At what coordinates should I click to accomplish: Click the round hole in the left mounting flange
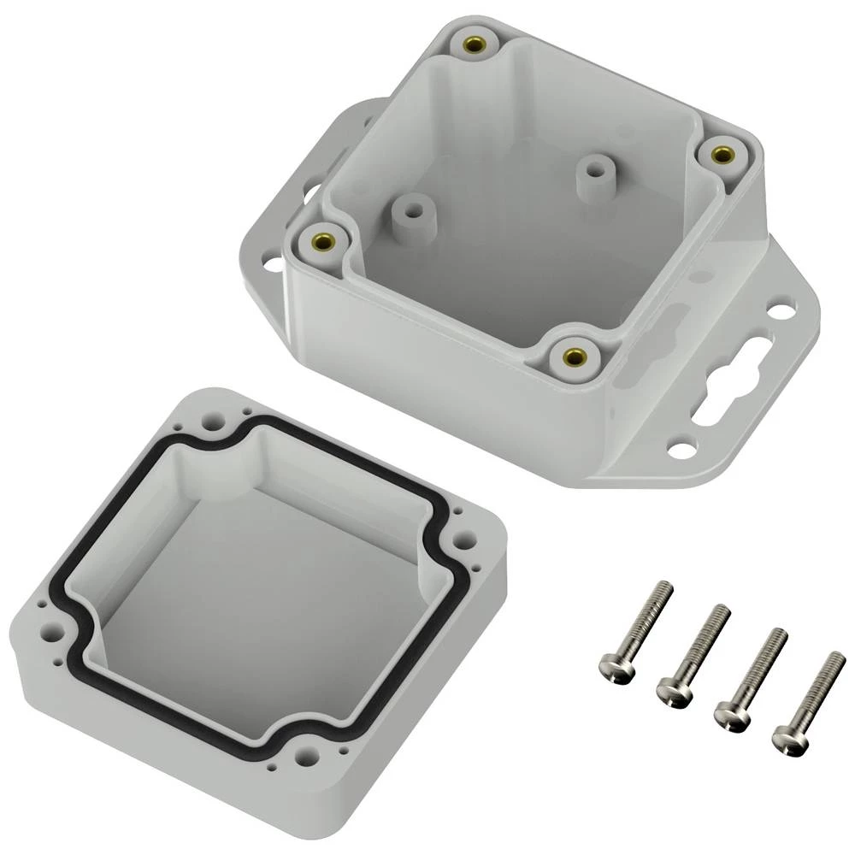pos(269,264)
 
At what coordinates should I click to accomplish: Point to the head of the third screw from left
pos(729,711)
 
